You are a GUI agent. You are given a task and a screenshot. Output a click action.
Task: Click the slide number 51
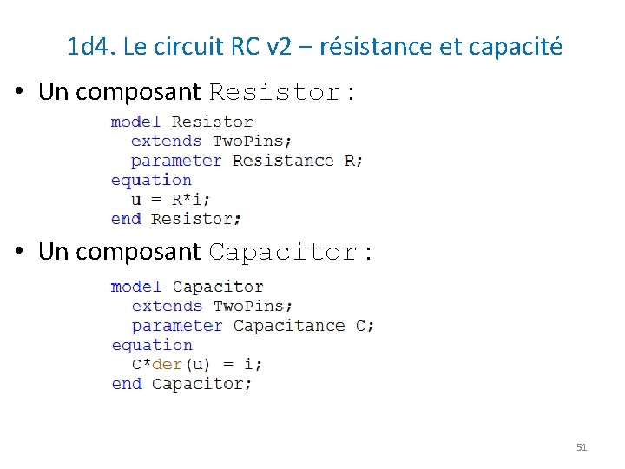tap(582, 447)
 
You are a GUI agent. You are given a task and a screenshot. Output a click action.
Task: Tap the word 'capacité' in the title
tap(515, 46)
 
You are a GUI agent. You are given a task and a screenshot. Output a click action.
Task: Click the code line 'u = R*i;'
tap(170, 199)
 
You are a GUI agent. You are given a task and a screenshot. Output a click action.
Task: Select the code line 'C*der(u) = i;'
tap(197, 364)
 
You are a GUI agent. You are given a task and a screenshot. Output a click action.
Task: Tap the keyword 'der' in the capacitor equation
tap(166, 364)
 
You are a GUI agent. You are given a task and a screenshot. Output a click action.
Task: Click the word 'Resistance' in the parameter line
tap(283, 161)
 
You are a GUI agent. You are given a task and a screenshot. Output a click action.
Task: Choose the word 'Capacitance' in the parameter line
tap(289, 326)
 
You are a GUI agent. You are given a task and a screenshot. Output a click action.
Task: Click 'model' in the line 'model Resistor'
tap(136, 122)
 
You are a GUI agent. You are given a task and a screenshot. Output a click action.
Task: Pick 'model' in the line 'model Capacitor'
tap(136, 287)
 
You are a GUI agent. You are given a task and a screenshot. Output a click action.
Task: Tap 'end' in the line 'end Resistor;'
tap(126, 219)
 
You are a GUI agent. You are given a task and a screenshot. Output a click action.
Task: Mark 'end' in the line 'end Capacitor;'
tap(127, 384)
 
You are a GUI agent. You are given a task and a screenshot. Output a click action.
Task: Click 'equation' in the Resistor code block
tap(151, 180)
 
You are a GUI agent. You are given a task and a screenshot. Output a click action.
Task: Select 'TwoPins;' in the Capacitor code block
tap(253, 306)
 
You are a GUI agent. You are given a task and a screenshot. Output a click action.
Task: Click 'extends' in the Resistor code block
tap(166, 141)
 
